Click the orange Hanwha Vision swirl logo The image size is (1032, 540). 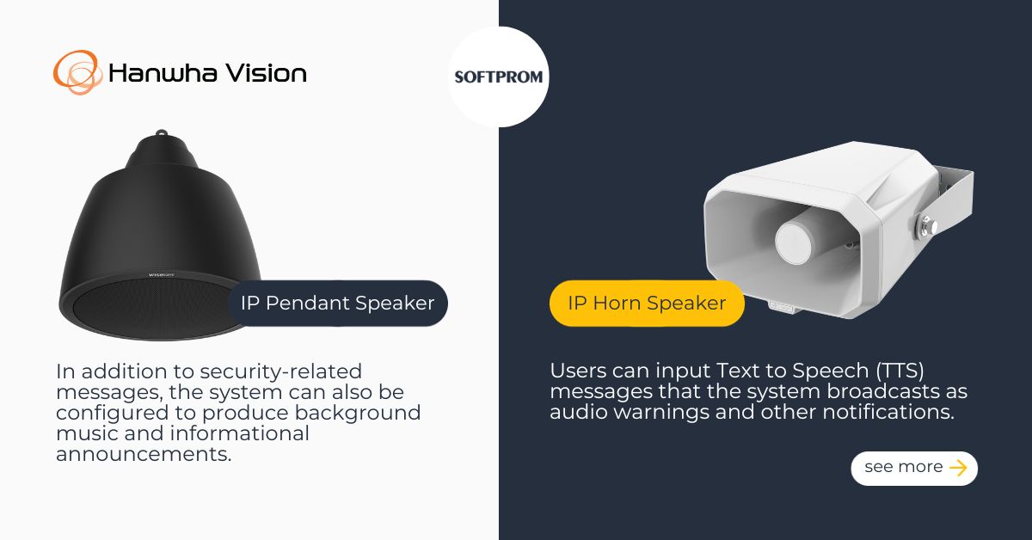pos(77,72)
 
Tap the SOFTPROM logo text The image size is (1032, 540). pos(499,77)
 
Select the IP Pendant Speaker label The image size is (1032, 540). pos(338,303)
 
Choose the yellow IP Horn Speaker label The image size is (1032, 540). pos(647,303)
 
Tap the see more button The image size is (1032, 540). pos(914,468)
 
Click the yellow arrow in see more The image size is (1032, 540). pos(958,468)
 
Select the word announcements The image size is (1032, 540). pos(144,454)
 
